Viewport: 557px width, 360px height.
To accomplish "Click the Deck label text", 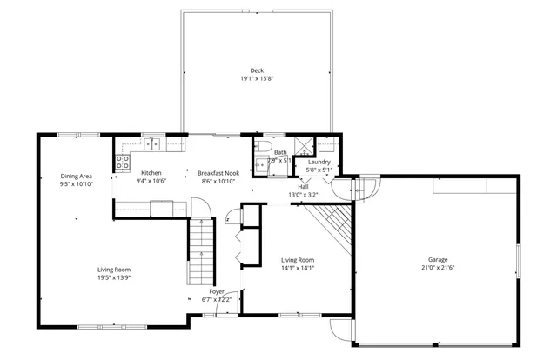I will [256, 70].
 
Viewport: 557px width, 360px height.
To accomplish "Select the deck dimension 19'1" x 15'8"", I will [256, 79].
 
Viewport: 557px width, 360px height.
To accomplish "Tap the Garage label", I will [438, 259].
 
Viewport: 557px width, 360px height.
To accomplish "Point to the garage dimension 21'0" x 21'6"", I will [438, 268].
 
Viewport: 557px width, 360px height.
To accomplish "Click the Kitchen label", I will [151, 172].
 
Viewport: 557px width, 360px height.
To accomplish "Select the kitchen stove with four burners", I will [123, 161].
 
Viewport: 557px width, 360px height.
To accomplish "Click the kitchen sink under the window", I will [153, 143].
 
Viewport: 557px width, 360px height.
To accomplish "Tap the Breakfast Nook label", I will [218, 172].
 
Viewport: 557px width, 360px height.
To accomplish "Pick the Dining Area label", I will [77, 176].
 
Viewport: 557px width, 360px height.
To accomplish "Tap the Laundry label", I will [319, 162].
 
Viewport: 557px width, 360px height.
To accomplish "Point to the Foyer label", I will [217, 291].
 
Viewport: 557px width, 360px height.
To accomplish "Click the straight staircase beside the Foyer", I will [201, 249].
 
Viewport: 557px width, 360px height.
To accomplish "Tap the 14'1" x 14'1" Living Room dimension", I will [297, 269].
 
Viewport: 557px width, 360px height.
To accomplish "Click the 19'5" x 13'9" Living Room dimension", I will [114, 277].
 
